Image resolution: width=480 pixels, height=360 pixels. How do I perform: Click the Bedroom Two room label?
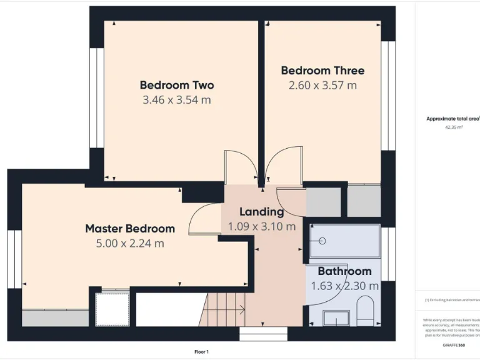[x=176, y=85]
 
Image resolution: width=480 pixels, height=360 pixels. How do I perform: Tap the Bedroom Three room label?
[x=322, y=71]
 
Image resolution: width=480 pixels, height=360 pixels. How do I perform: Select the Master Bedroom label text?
[x=130, y=228]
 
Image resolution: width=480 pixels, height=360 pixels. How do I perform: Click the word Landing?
[x=262, y=212]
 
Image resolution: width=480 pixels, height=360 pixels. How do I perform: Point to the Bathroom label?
[x=344, y=271]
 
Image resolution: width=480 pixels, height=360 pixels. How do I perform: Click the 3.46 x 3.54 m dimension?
[x=176, y=100]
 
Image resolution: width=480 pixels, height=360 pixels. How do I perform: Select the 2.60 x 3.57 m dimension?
[x=322, y=86]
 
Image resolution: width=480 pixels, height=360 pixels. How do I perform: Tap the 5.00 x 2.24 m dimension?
[x=130, y=243]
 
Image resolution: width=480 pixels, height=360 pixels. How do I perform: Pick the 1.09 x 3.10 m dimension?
[x=262, y=227]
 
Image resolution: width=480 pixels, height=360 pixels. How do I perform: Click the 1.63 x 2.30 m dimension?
[x=344, y=286]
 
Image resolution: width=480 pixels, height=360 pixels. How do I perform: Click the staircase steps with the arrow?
[x=226, y=310]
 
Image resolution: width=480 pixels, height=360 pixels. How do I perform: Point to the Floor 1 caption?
[x=201, y=352]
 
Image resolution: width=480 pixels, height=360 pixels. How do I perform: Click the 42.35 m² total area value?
[x=454, y=127]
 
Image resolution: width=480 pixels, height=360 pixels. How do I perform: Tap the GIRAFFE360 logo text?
[x=453, y=346]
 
